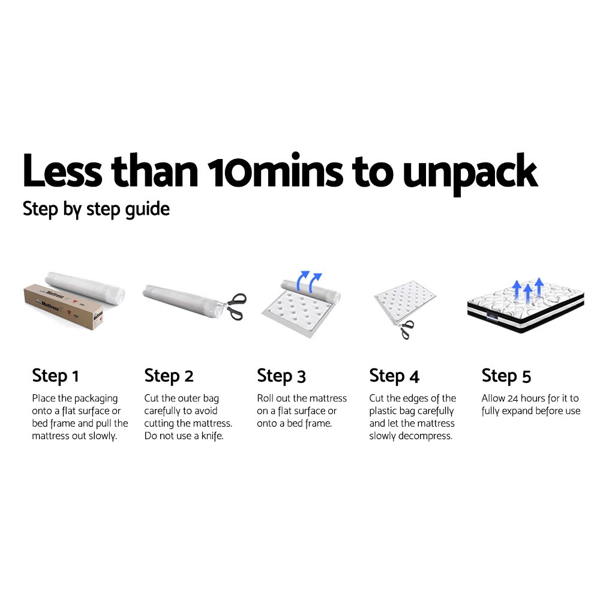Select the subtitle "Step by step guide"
[x=96, y=209]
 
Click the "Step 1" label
[x=55, y=376]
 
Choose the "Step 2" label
[x=169, y=376]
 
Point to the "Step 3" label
[x=281, y=376]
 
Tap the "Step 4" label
[x=394, y=376]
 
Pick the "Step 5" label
[x=506, y=376]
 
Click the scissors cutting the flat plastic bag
[x=406, y=328]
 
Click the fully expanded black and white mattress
[x=525, y=309]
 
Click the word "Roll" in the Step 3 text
[x=266, y=398]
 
